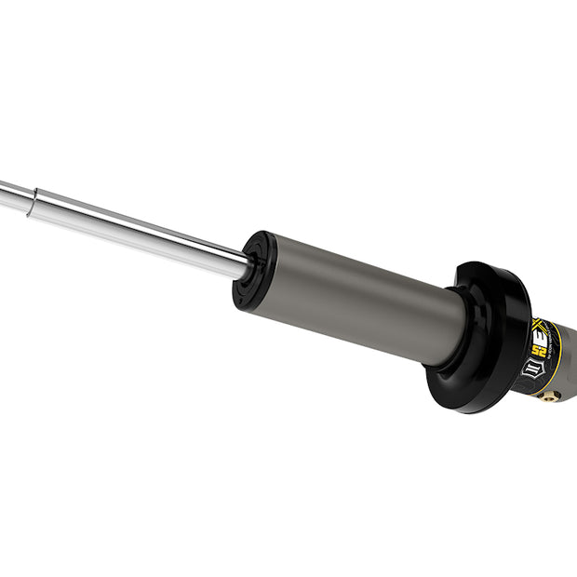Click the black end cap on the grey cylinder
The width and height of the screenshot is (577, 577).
click(x=249, y=271)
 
